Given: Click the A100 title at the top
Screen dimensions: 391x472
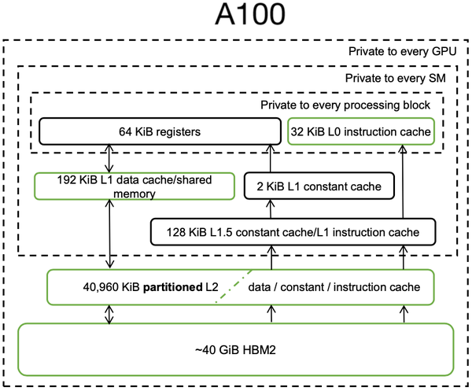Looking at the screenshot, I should (x=235, y=17).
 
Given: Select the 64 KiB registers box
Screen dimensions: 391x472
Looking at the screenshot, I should (x=157, y=131).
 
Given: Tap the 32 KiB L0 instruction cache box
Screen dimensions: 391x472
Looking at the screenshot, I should (x=361, y=131).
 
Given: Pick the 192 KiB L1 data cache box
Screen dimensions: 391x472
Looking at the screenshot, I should (x=135, y=186).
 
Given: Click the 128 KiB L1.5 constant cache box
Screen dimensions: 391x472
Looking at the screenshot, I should (x=293, y=231).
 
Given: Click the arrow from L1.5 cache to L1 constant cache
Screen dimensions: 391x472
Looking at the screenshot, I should (x=272, y=209).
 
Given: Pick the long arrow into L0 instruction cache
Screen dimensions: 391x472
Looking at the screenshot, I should (x=404, y=181).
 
